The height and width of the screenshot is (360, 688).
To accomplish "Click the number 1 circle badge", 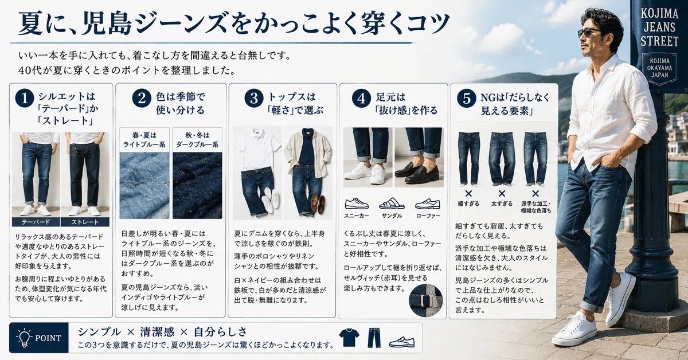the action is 24,98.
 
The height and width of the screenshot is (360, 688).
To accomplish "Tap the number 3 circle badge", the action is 253,98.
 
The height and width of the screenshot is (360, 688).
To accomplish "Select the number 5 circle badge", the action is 466,99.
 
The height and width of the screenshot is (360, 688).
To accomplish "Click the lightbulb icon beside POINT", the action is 24,338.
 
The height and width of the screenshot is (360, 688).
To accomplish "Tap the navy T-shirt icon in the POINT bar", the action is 349,338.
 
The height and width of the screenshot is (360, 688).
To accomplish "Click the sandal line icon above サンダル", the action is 392,204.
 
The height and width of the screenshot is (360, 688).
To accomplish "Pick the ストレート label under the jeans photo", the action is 85,222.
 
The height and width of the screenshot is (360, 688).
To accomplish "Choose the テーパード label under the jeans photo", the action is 36,222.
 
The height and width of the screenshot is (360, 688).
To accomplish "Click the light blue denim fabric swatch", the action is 144,186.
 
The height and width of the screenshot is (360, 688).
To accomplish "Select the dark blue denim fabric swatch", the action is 197,186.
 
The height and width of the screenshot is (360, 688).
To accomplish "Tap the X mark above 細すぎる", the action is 468,194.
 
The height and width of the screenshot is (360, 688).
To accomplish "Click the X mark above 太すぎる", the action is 502,194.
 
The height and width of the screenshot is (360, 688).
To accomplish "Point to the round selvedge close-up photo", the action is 425,300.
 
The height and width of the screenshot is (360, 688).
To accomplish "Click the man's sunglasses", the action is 589,32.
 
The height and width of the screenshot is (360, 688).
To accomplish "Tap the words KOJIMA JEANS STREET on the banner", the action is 659,28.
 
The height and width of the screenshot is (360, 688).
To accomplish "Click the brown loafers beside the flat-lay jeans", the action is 318,204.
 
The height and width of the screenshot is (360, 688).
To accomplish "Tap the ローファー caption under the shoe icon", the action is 428,216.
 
